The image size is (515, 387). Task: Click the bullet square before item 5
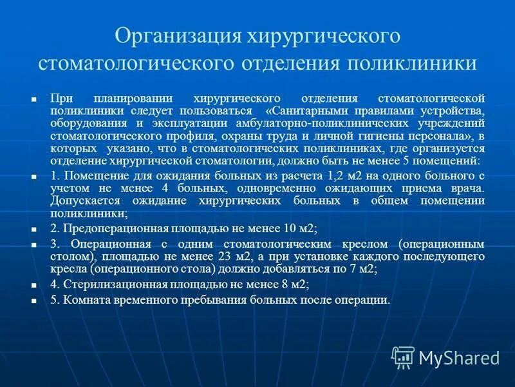tap(34, 302)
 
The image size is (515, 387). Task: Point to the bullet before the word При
tap(34, 99)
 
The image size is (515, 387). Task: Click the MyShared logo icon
tap(403, 357)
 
